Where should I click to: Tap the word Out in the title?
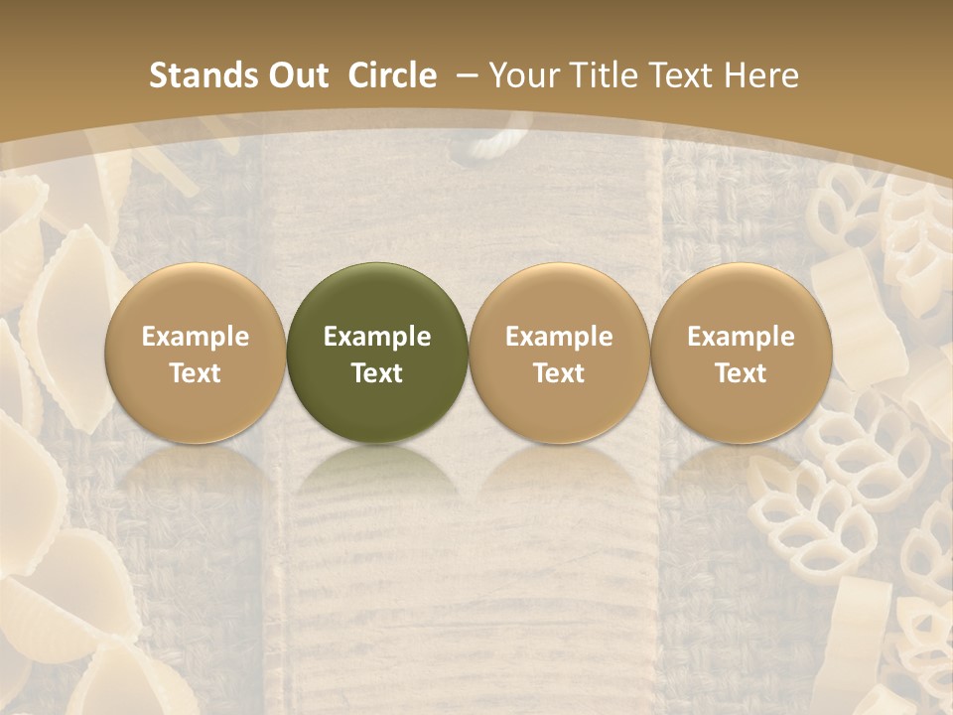coord(297,75)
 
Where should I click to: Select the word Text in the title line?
coord(681,75)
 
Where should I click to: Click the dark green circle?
coord(377,353)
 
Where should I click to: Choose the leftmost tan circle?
coord(196,353)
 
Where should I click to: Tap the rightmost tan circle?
coord(742,353)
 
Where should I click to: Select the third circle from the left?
coord(559,353)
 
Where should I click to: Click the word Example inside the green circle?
coord(377,337)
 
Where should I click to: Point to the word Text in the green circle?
coord(377,372)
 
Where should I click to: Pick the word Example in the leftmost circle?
coord(196,337)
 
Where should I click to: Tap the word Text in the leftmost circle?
coord(196,372)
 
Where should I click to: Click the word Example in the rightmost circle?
coord(742,337)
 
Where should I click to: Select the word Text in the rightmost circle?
coord(742,372)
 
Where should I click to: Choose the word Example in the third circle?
coord(559,337)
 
